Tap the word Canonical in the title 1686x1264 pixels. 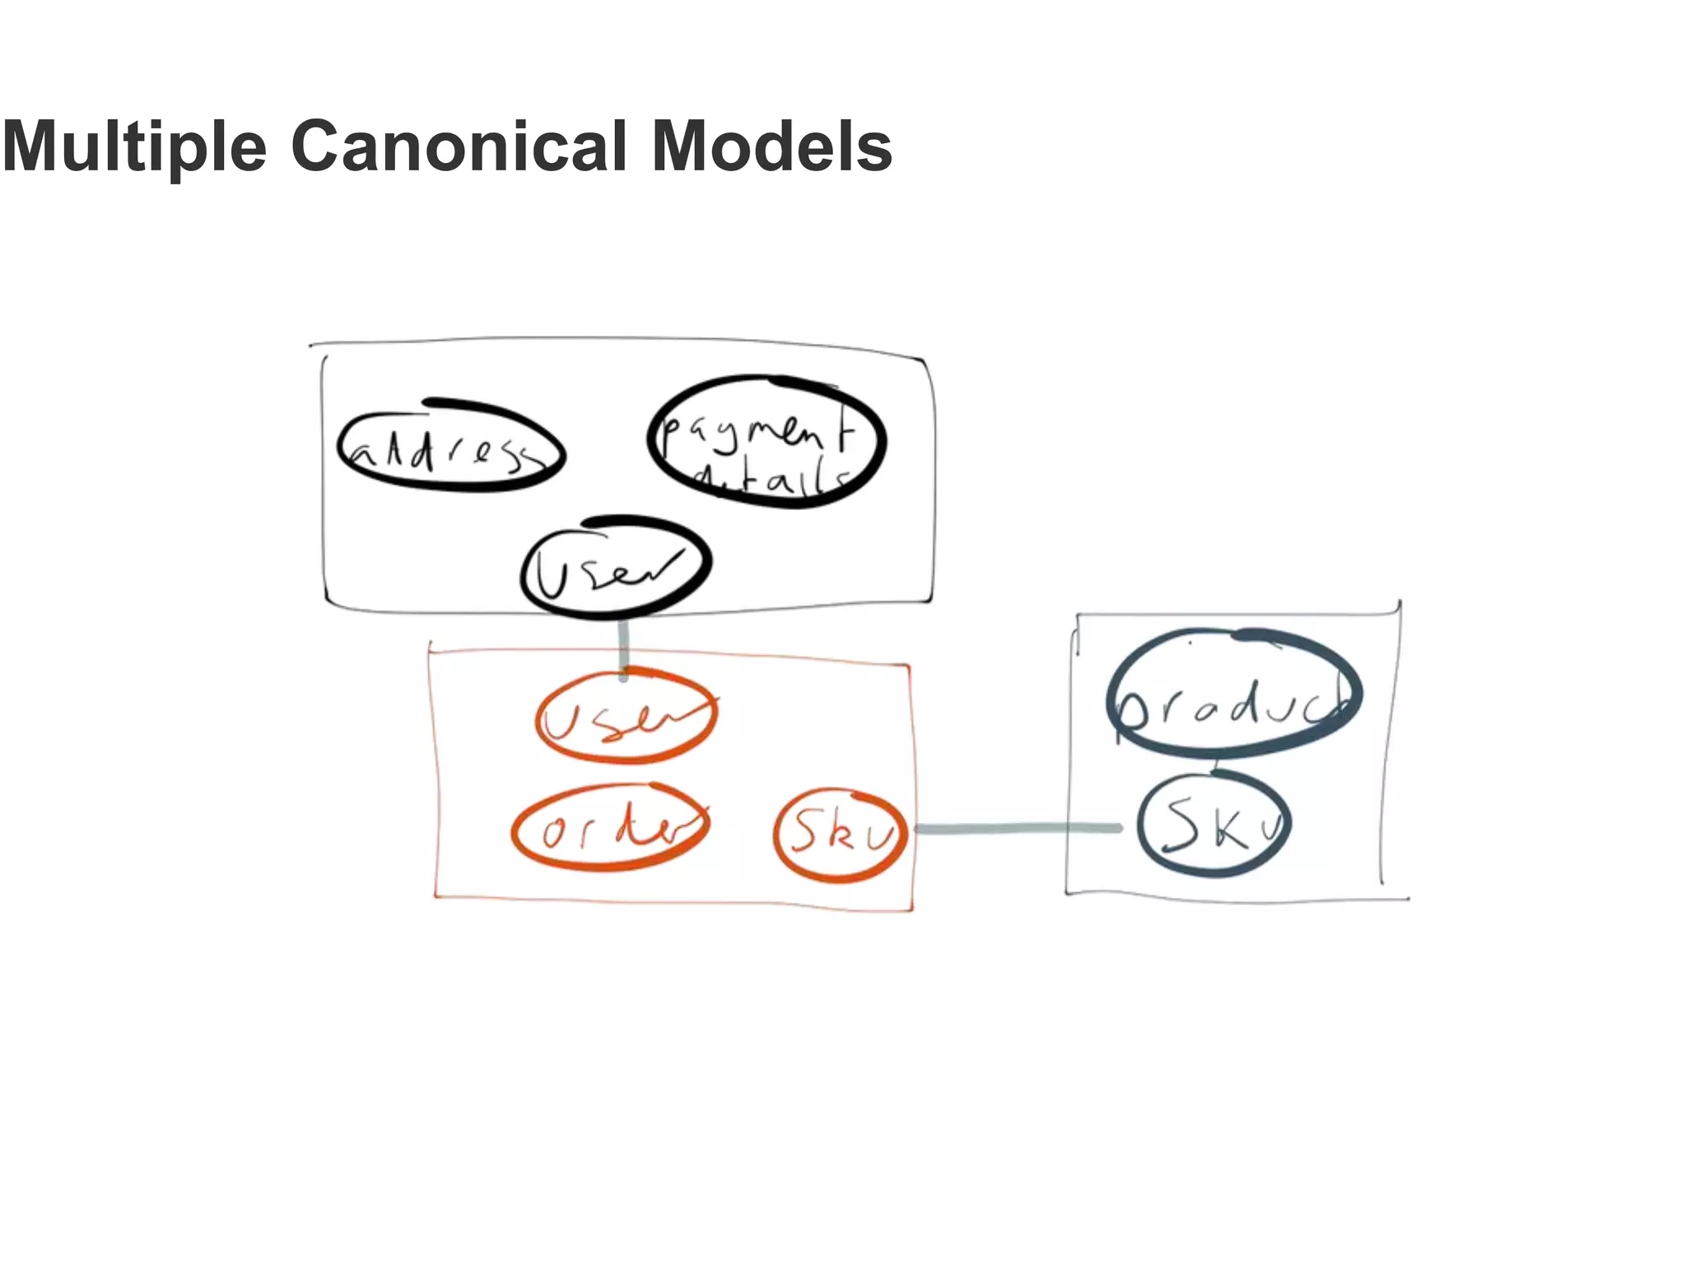point(459,146)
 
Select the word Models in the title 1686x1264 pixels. point(771,146)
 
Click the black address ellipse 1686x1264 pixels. point(451,447)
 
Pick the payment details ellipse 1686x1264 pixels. point(766,442)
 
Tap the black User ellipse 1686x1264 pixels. point(616,567)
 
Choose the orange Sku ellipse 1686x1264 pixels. point(840,834)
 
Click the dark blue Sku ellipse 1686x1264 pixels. point(1213,825)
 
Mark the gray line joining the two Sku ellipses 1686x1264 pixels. point(1018,829)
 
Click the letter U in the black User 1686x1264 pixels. point(549,574)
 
